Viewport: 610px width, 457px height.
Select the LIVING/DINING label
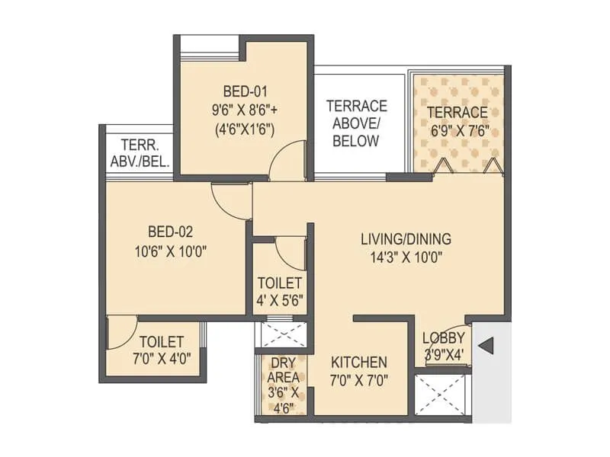406,239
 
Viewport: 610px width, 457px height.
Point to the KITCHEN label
358,363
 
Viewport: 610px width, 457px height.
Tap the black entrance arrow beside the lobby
485,347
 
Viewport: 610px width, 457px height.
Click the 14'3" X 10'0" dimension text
406,257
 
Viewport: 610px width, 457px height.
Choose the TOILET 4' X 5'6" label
280,291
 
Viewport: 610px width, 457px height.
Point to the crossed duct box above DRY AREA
283,335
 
